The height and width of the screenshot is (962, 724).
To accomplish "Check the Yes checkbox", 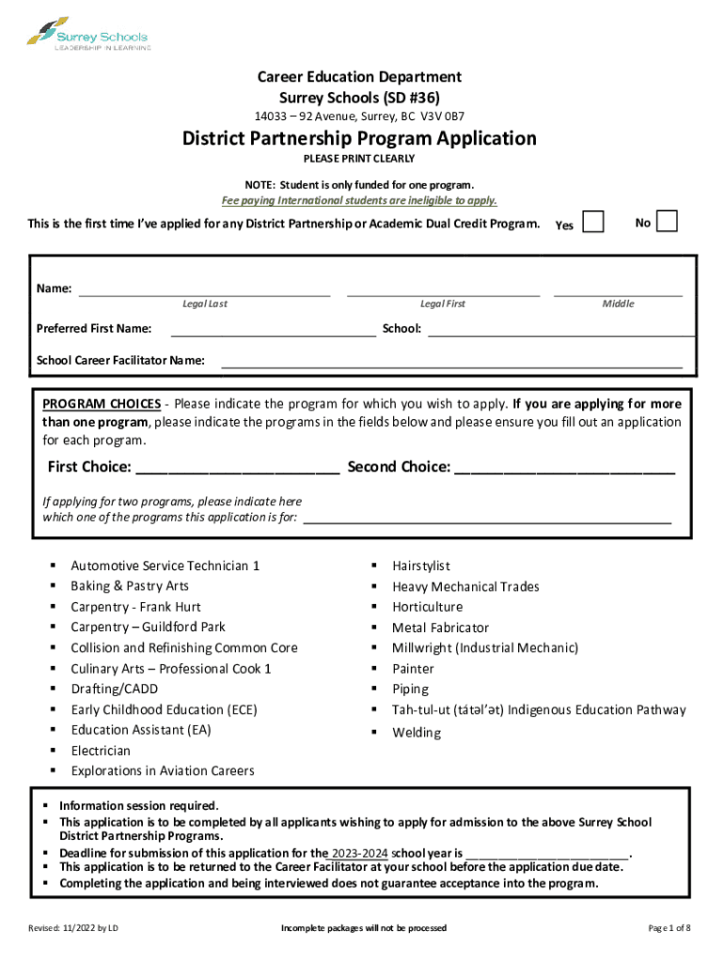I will tap(593, 223).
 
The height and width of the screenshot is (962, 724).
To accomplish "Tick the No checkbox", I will tap(666, 222).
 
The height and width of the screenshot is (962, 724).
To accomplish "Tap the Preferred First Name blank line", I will tap(273, 332).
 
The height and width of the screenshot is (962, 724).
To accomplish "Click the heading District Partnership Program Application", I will tap(359, 139).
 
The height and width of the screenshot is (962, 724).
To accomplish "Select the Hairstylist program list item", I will tap(421, 566).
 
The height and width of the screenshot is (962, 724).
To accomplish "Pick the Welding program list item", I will tap(417, 732).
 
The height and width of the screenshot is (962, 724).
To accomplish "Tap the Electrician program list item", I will tap(101, 751).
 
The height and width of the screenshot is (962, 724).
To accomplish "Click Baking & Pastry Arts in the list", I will tap(130, 586).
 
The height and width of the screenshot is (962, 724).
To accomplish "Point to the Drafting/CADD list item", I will tap(115, 689).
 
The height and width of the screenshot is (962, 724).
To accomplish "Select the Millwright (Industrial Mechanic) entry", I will tap(485, 648).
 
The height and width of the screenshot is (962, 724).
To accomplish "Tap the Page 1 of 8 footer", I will tap(669, 928).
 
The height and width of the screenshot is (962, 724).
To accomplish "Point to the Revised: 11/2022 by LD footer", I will tap(74, 928).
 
